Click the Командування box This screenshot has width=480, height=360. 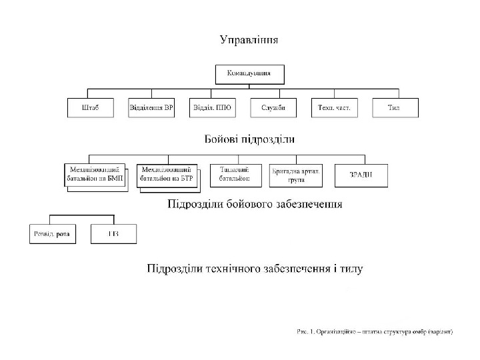249,73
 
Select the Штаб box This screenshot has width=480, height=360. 91,108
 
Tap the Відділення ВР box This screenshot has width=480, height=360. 151,108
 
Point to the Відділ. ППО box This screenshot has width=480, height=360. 212,108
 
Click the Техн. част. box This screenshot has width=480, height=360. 334,108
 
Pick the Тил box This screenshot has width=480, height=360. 395,108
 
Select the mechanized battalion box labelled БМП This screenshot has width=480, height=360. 95,175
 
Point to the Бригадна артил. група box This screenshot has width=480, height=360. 296,175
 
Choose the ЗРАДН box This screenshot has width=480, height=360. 361,175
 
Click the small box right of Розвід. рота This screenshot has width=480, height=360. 113,234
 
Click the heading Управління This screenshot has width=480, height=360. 249,39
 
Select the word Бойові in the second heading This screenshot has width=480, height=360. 224,140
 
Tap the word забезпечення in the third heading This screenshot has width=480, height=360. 309,205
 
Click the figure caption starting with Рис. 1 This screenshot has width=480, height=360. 375,331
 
